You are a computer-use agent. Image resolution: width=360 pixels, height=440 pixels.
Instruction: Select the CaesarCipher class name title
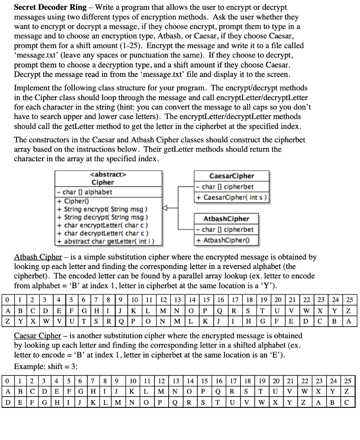point(231,176)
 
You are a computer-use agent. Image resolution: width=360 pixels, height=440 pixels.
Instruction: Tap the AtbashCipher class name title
point(226,219)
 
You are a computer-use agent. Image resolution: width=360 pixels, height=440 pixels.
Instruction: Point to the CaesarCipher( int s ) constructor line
point(232,197)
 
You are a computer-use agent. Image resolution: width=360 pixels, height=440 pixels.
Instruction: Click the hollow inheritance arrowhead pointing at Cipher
point(164,208)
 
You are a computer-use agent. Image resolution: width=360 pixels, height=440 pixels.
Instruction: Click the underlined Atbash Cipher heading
point(38,257)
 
